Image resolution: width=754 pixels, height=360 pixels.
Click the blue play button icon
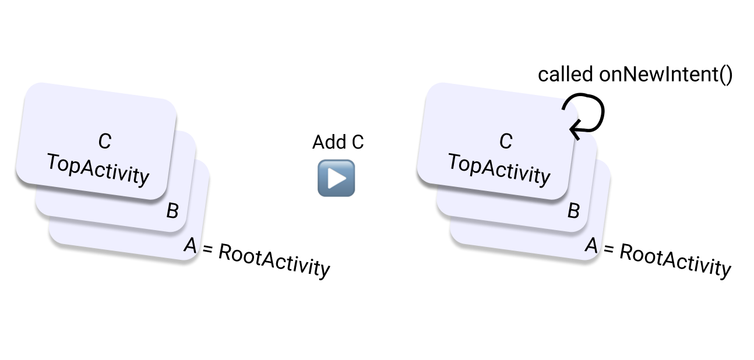tap(336, 178)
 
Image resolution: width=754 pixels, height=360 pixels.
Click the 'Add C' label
tap(338, 142)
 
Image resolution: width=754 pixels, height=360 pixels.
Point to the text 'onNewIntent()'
tap(665, 75)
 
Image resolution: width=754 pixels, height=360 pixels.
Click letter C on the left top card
tap(104, 141)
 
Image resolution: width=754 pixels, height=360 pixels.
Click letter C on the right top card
tap(505, 141)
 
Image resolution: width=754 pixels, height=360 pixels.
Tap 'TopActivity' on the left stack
tap(98, 169)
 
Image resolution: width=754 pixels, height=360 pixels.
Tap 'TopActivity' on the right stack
tap(499, 169)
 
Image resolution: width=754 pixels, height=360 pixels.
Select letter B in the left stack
tap(172, 211)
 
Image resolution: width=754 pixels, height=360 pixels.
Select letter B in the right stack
tap(573, 211)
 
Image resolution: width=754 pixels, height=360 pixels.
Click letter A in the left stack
tap(190, 246)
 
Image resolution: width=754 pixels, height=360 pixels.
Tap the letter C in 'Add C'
tap(357, 142)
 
